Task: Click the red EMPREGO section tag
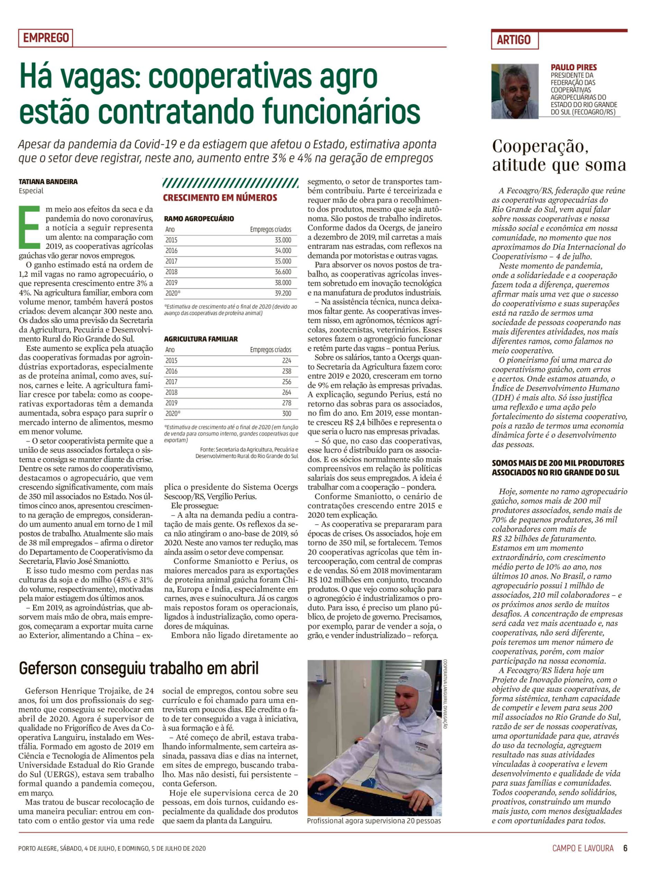46,38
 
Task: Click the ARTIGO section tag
514,40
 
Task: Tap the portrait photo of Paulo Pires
515,91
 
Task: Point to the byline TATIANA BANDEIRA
48,182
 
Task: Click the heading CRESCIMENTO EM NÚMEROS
220,198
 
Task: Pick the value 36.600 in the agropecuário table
283,272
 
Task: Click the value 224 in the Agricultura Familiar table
286,360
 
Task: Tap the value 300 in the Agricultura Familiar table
286,414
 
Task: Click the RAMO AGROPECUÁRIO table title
199,219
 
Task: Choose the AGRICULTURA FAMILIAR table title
200,339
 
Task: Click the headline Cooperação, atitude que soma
558,155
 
